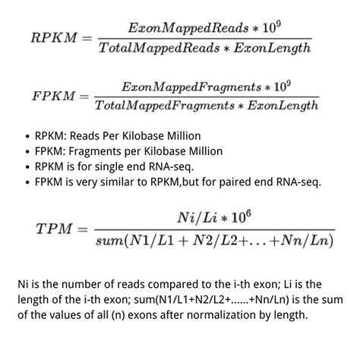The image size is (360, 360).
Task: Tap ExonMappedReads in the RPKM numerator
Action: [183, 28]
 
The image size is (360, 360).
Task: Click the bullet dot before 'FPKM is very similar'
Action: [27, 182]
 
